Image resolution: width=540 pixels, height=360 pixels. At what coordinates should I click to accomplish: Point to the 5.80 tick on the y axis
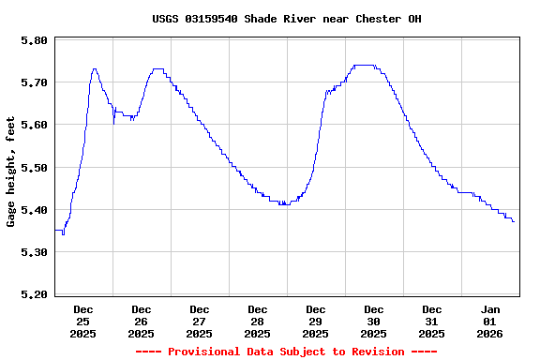pos(34,40)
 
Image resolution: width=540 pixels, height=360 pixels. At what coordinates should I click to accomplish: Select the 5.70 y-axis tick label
pos(34,82)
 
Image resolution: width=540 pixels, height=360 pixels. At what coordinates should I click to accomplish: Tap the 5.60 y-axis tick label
pos(34,125)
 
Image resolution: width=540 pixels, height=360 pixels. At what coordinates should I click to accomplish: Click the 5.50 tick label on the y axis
pos(34,167)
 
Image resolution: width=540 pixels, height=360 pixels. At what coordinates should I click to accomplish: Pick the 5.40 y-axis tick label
pos(34,209)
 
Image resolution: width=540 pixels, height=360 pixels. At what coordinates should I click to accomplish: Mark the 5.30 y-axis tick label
pos(34,251)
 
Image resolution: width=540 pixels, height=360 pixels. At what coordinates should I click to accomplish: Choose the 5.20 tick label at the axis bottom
pos(34,293)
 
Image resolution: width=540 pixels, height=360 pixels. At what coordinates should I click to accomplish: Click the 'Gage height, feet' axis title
pos(11,172)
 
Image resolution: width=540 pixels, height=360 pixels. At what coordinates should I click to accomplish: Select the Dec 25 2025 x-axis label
pos(83,321)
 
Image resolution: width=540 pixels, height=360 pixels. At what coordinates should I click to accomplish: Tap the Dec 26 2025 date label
pos(142,321)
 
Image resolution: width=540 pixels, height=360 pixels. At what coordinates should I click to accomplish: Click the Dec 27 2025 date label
pos(200,321)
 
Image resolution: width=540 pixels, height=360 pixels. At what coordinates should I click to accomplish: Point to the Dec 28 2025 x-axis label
pos(258,321)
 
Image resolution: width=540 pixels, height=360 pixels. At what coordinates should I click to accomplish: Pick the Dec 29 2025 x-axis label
pos(316,321)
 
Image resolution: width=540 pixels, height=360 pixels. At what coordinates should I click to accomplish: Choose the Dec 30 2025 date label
pos(374,321)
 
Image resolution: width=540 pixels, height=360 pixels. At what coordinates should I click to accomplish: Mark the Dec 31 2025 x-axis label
pos(432,321)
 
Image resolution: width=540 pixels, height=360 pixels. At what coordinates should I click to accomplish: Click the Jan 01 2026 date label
pos(490,321)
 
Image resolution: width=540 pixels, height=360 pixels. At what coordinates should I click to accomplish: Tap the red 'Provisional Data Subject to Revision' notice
pos(286,352)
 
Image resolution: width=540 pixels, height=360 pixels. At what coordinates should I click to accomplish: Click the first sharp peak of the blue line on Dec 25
pos(95,69)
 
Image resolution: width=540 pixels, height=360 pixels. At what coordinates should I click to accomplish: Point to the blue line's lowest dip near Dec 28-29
pos(283,203)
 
